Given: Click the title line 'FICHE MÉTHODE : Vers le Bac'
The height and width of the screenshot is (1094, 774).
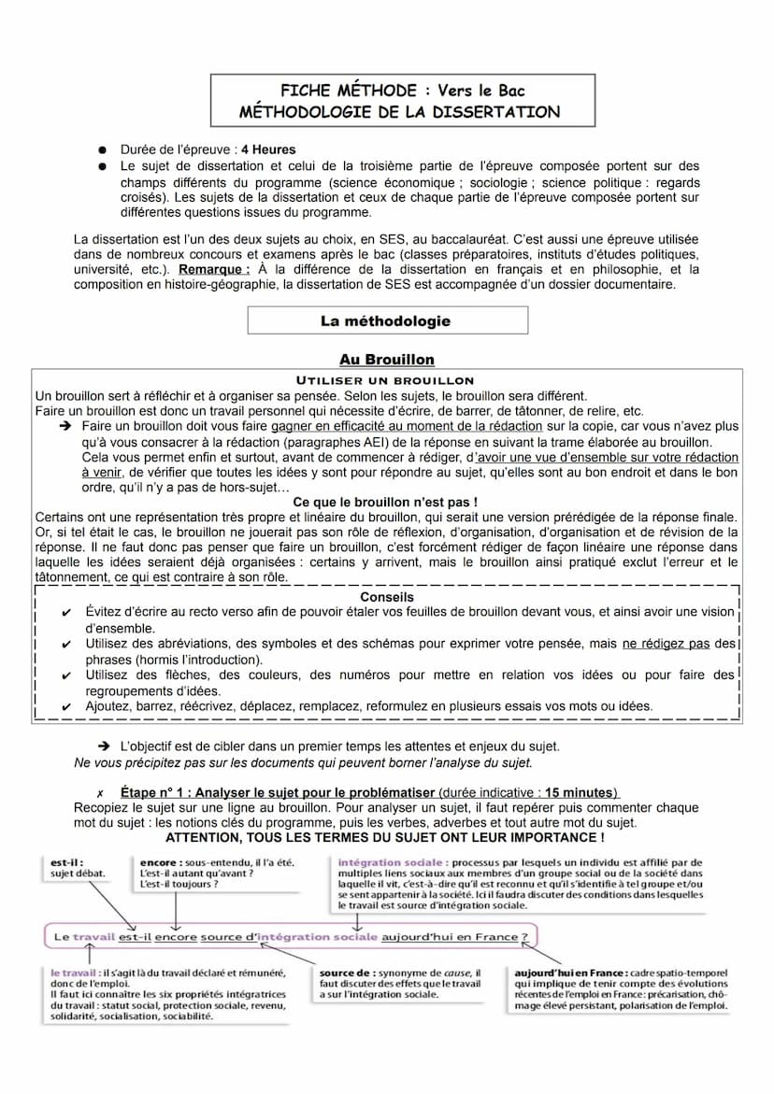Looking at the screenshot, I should click(x=402, y=91).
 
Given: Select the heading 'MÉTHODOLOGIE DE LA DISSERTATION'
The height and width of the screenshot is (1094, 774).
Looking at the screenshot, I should click(x=400, y=112).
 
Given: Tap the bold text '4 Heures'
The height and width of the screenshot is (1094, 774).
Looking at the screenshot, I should click(x=268, y=149).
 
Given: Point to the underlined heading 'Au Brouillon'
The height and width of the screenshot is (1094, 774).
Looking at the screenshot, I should click(x=386, y=360).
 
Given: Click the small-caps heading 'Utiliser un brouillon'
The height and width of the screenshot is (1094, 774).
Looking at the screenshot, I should click(x=385, y=380).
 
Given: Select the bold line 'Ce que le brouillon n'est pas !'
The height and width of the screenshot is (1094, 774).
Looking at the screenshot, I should click(x=385, y=502).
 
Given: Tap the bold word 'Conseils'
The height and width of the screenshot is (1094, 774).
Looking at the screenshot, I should click(x=386, y=597).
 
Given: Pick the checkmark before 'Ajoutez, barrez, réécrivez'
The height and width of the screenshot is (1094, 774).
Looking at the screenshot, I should click(x=65, y=707).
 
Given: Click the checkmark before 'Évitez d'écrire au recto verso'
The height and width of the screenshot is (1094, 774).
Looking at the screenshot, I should click(x=65, y=613).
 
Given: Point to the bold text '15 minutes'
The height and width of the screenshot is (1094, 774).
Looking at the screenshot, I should click(x=580, y=792).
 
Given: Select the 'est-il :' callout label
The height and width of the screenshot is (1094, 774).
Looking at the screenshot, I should click(x=66, y=861).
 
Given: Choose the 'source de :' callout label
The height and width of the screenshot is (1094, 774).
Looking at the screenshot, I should click(x=347, y=973).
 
